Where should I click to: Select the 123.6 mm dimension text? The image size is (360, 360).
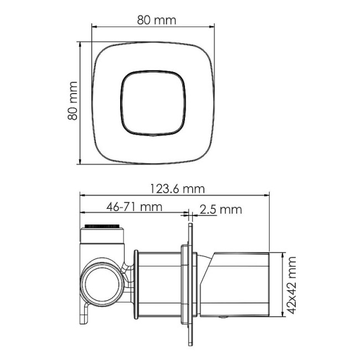tap(177, 188)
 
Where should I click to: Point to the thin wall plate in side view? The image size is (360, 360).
tap(190, 282)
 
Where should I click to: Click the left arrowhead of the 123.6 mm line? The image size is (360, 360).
tap(83, 195)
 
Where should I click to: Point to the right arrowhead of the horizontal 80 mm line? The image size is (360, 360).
tap(212, 26)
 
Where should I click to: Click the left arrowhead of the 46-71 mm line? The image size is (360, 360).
tap(83, 213)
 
